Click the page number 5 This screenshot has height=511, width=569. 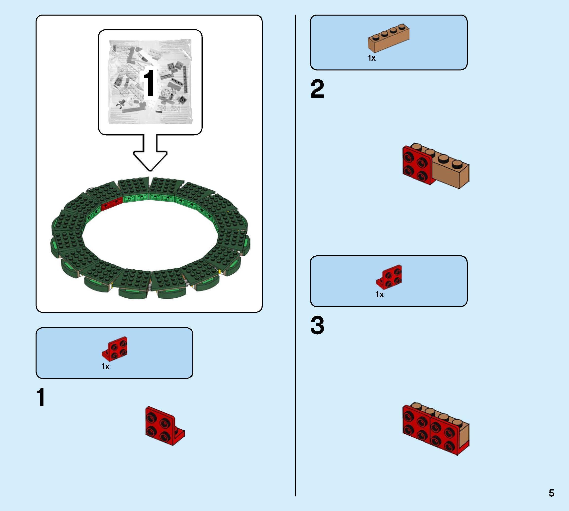pos(551,493)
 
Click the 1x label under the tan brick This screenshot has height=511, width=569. pos(372,58)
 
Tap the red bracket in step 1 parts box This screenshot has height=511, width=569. pos(115,348)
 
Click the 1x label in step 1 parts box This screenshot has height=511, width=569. pos(105,366)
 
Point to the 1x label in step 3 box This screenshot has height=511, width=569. pos(380,294)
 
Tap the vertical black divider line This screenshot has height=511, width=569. pos(295,253)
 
